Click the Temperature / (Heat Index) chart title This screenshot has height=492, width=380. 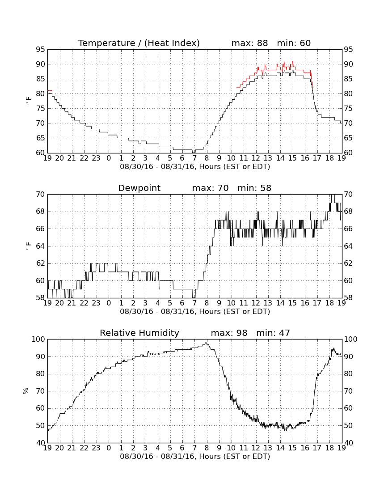pos(139,43)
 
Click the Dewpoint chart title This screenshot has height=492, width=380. pos(139,188)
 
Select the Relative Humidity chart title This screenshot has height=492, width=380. pos(139,333)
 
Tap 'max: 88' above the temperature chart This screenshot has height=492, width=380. pos(249,43)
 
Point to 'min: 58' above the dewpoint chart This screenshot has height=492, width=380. pos(254,188)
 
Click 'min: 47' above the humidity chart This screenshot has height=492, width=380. pos(273,333)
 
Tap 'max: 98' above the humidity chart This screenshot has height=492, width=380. pos(229,333)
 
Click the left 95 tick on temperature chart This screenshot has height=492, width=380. pos(40,50)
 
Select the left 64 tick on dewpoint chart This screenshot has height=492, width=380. pos(40,246)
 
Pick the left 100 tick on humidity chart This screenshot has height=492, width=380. pos(38,339)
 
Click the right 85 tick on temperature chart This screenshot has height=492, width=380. pos(348,79)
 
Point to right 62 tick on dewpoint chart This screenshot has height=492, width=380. pos(348,263)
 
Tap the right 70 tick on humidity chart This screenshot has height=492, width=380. pos(348,391)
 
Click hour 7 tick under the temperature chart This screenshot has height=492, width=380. pos(195,158)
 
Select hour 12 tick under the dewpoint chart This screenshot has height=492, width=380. pos(256,303)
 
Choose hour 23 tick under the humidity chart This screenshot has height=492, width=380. pos(96,448)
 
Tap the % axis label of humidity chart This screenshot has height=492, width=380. pos(26,391)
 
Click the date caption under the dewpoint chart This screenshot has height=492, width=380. pos(195,312)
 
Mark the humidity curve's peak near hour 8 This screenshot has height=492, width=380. pos(206,343)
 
